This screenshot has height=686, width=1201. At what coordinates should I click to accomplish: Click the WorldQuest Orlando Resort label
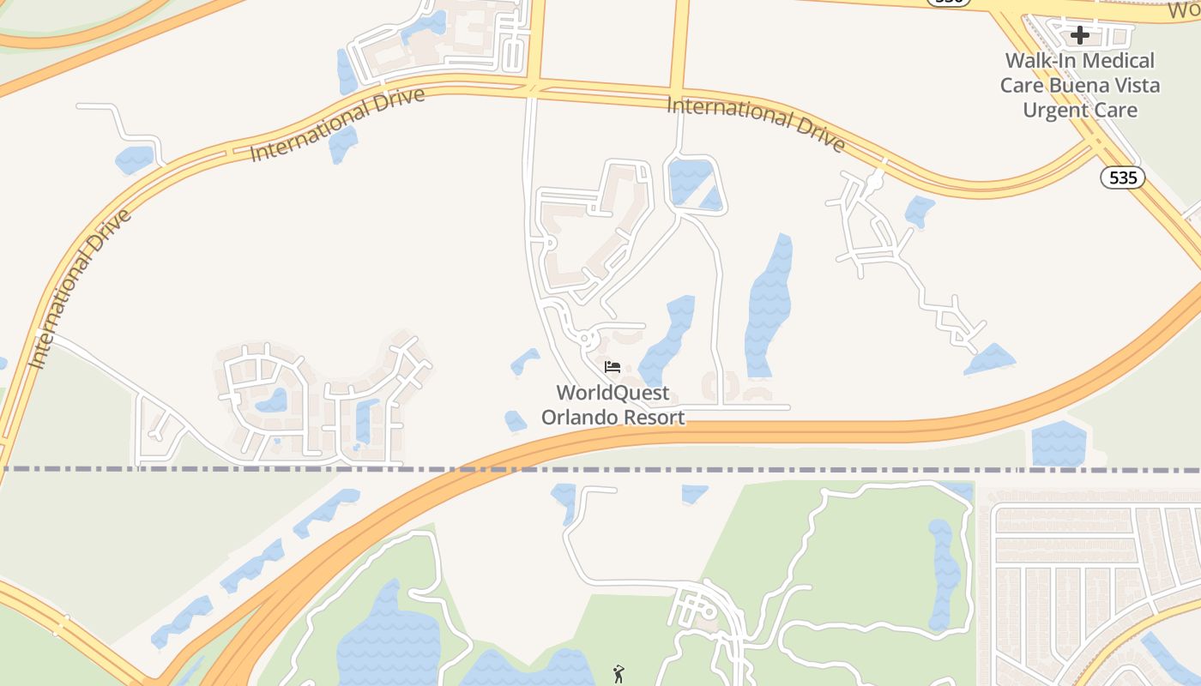613,405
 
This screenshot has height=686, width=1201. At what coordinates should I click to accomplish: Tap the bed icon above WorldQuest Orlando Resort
613,367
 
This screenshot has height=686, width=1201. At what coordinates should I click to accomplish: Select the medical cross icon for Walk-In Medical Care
1080,35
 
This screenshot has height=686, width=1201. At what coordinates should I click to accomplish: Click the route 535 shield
1122,178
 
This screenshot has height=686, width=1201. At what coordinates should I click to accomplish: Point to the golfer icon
618,674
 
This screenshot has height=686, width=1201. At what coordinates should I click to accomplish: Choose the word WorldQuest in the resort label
613,393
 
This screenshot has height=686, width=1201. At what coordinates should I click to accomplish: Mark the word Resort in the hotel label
655,418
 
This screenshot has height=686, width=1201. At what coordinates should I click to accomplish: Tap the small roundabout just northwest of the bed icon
587,340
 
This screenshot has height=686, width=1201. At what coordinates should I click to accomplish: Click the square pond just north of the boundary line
1059,443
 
